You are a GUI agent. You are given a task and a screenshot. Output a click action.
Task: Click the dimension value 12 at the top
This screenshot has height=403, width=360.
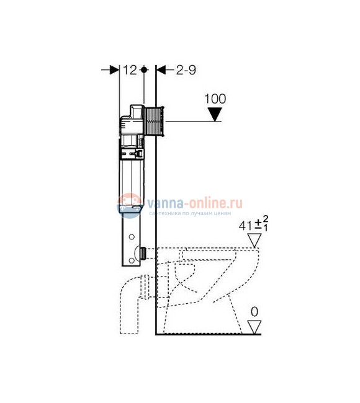129,70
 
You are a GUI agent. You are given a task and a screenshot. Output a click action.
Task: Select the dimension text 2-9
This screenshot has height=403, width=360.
185,70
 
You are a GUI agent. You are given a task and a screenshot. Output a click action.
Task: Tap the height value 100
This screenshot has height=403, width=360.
215,99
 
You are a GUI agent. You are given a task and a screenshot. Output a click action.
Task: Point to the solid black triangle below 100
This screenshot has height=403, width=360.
215,114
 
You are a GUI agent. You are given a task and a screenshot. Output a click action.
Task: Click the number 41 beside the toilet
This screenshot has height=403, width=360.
246,225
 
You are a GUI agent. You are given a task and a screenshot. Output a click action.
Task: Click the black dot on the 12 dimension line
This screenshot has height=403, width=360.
145,70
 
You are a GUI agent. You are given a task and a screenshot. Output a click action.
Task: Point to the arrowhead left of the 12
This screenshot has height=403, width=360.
114,70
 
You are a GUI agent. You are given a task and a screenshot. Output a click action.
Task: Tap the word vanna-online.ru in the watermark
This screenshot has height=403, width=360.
193,201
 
